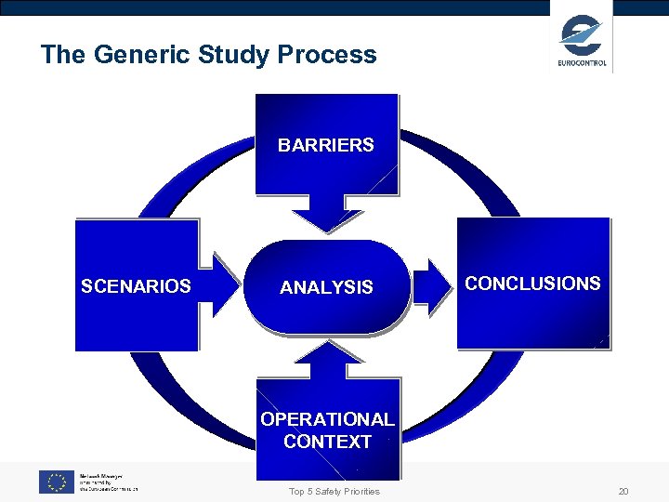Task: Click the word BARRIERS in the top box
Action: coord(326,145)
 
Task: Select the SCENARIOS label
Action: coord(136,286)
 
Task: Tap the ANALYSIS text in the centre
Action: coord(326,288)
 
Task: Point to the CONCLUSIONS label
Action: coord(532,284)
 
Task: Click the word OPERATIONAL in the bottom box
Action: coord(327,419)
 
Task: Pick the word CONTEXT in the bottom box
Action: coord(327,442)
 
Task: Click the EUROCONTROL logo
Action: coord(582,41)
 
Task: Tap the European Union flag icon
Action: coord(56,482)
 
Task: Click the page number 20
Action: coord(623,491)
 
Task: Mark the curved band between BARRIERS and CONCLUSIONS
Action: coord(465,167)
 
